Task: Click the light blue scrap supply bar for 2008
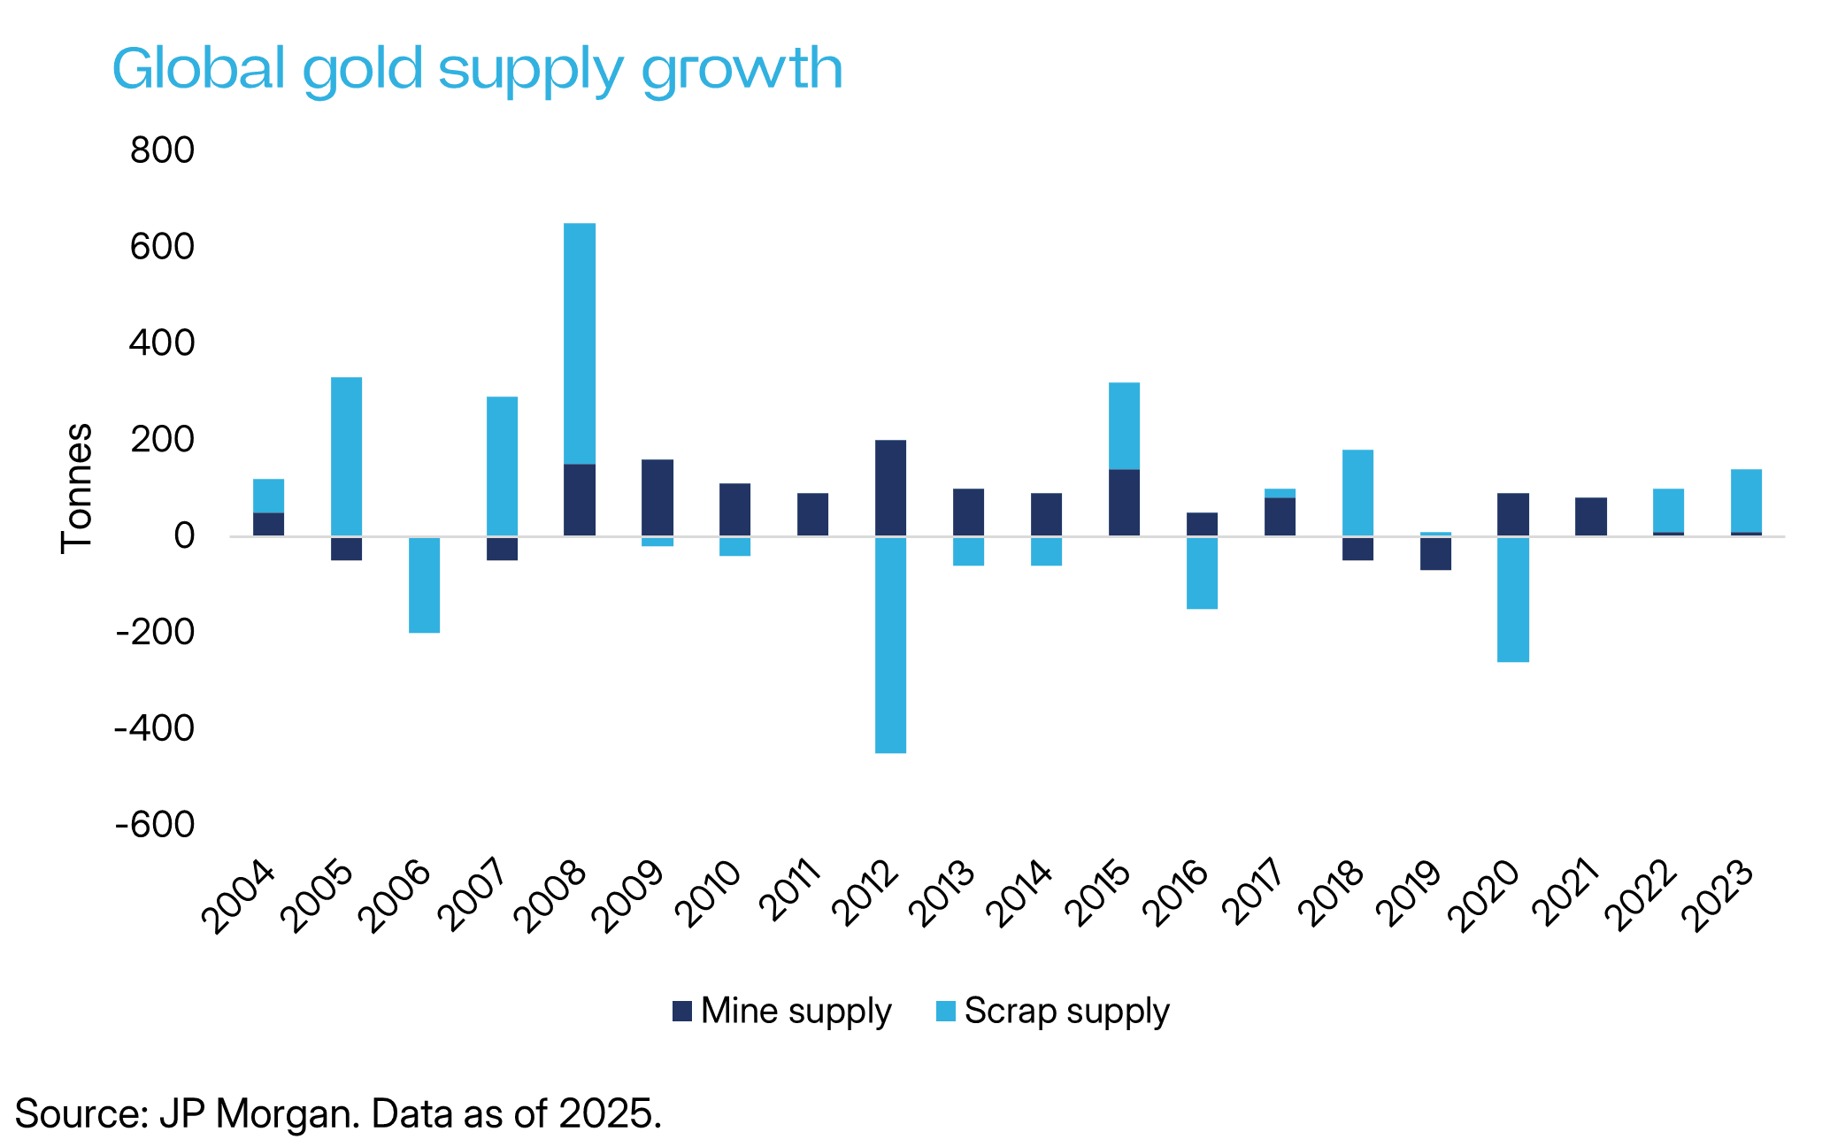click(x=580, y=343)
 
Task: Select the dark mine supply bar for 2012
click(x=890, y=488)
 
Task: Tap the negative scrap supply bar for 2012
click(x=890, y=644)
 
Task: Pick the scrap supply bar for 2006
click(x=424, y=584)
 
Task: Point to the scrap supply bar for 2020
click(x=1513, y=599)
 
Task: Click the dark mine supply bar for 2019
click(x=1435, y=553)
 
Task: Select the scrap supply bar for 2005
click(x=346, y=457)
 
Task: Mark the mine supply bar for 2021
click(x=1591, y=516)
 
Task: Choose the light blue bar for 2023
click(x=1746, y=500)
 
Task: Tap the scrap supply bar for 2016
click(x=1202, y=573)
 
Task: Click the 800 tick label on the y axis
click(x=162, y=150)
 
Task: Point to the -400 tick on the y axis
click(x=154, y=728)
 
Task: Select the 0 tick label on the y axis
click(x=183, y=535)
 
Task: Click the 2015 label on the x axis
click(x=1100, y=896)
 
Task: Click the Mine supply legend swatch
click(x=681, y=1011)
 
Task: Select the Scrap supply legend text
click(x=1066, y=1011)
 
